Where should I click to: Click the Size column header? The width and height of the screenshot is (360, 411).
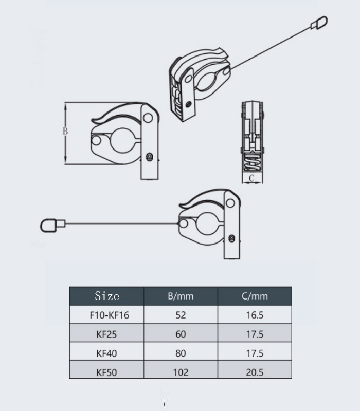(x=107, y=296)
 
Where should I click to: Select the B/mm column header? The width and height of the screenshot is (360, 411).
(x=181, y=296)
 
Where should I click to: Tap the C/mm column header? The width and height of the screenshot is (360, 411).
(x=255, y=296)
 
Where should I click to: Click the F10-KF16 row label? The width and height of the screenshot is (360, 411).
(x=107, y=315)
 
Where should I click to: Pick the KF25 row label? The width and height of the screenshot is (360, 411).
(x=107, y=334)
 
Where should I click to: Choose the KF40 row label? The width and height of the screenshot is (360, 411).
(x=107, y=353)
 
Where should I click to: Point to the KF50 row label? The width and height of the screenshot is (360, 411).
(x=107, y=372)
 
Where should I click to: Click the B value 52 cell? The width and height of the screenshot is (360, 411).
(x=181, y=315)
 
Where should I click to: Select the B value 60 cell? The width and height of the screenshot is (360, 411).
(x=181, y=334)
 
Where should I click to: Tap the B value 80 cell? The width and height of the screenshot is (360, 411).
(x=181, y=353)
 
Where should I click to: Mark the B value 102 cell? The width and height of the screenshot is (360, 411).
(x=181, y=372)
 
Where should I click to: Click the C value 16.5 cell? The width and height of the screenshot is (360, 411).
(x=255, y=315)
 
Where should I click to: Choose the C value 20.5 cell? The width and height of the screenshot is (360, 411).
(x=255, y=372)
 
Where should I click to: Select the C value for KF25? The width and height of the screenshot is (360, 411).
(x=255, y=334)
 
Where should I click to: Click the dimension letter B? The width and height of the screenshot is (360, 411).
(x=65, y=132)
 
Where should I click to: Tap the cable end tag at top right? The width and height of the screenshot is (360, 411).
(x=320, y=22)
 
